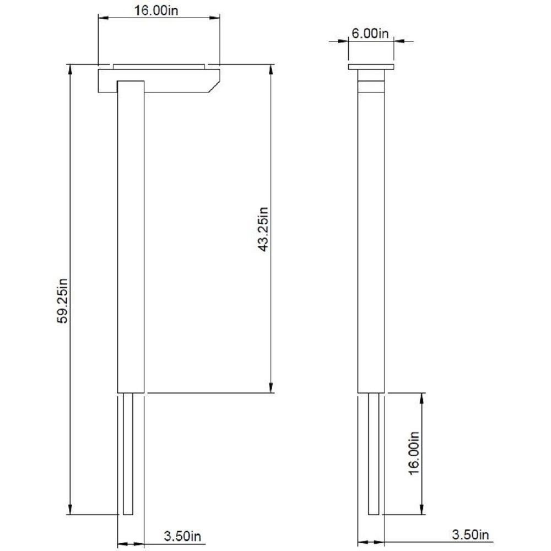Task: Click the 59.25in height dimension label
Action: coord(63,301)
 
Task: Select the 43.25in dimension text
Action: coord(263,229)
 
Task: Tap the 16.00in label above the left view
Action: coord(156,10)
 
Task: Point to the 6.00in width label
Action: coord(370,34)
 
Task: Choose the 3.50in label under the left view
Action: coord(182,536)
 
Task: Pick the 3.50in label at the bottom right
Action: coord(470,534)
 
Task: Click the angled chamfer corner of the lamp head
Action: coord(214,87)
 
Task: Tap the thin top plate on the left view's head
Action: coord(159,67)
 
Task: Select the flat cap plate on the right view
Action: coord(371,67)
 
